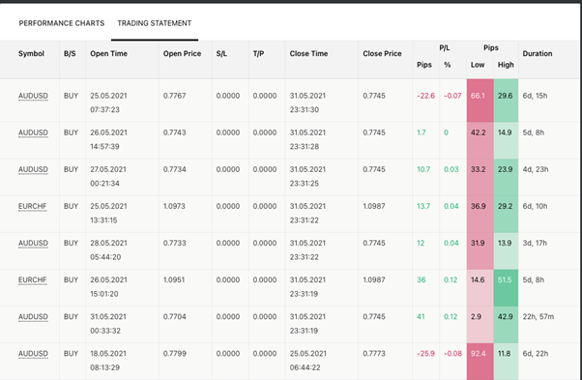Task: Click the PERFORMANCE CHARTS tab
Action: (x=61, y=23)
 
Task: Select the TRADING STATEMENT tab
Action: (x=155, y=23)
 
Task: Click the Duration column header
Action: (x=538, y=53)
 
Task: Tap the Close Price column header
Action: (x=382, y=53)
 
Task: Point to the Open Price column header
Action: (x=182, y=53)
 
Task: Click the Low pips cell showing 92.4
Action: (x=478, y=354)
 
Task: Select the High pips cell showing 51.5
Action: (x=506, y=280)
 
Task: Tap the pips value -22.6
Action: (x=425, y=96)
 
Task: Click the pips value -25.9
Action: (x=425, y=354)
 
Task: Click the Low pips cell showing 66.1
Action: (x=478, y=96)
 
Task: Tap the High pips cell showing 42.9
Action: (x=506, y=317)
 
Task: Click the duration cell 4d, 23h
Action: (x=538, y=169)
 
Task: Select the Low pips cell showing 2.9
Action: (x=478, y=317)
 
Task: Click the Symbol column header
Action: (x=31, y=53)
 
